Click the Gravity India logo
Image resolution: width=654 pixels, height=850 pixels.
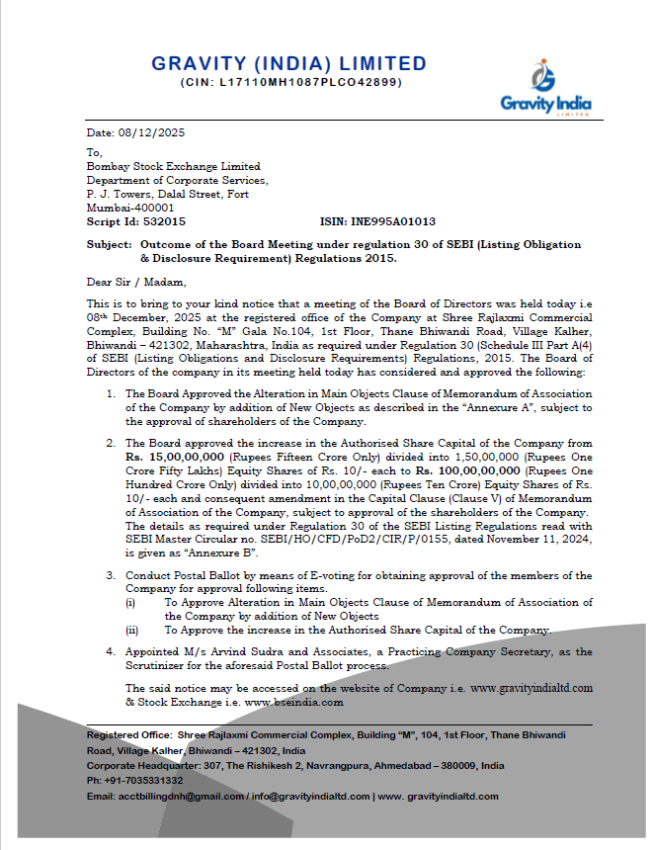click(x=545, y=88)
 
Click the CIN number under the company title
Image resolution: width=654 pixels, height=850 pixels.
click(x=291, y=82)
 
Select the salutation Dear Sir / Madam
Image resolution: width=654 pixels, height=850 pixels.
click(x=131, y=281)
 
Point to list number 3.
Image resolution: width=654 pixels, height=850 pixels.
click(x=111, y=575)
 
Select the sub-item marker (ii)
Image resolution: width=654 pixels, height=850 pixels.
click(x=130, y=630)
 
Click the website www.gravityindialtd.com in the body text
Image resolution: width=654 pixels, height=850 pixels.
click(x=531, y=687)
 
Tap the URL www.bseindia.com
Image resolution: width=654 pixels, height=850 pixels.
click(x=294, y=702)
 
